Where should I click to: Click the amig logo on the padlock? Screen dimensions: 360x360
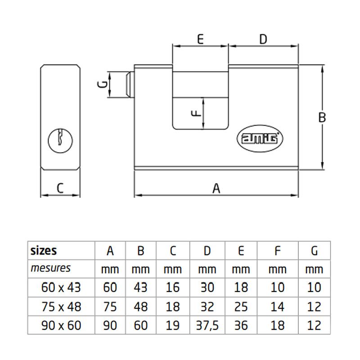click(260, 139)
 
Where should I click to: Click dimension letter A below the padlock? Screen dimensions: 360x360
click(216, 188)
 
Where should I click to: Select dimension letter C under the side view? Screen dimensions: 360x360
click(60, 188)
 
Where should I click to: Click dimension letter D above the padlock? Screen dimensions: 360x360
click(263, 39)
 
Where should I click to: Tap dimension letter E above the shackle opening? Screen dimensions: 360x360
click(201, 39)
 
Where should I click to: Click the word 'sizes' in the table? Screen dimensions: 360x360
click(44, 250)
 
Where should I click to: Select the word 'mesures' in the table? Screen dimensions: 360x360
click(50, 269)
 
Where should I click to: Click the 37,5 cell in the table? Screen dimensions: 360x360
click(207, 325)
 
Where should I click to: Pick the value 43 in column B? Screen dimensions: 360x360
click(140, 287)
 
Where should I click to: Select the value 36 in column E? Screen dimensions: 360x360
click(241, 325)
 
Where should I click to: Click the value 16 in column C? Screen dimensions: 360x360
click(172, 287)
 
